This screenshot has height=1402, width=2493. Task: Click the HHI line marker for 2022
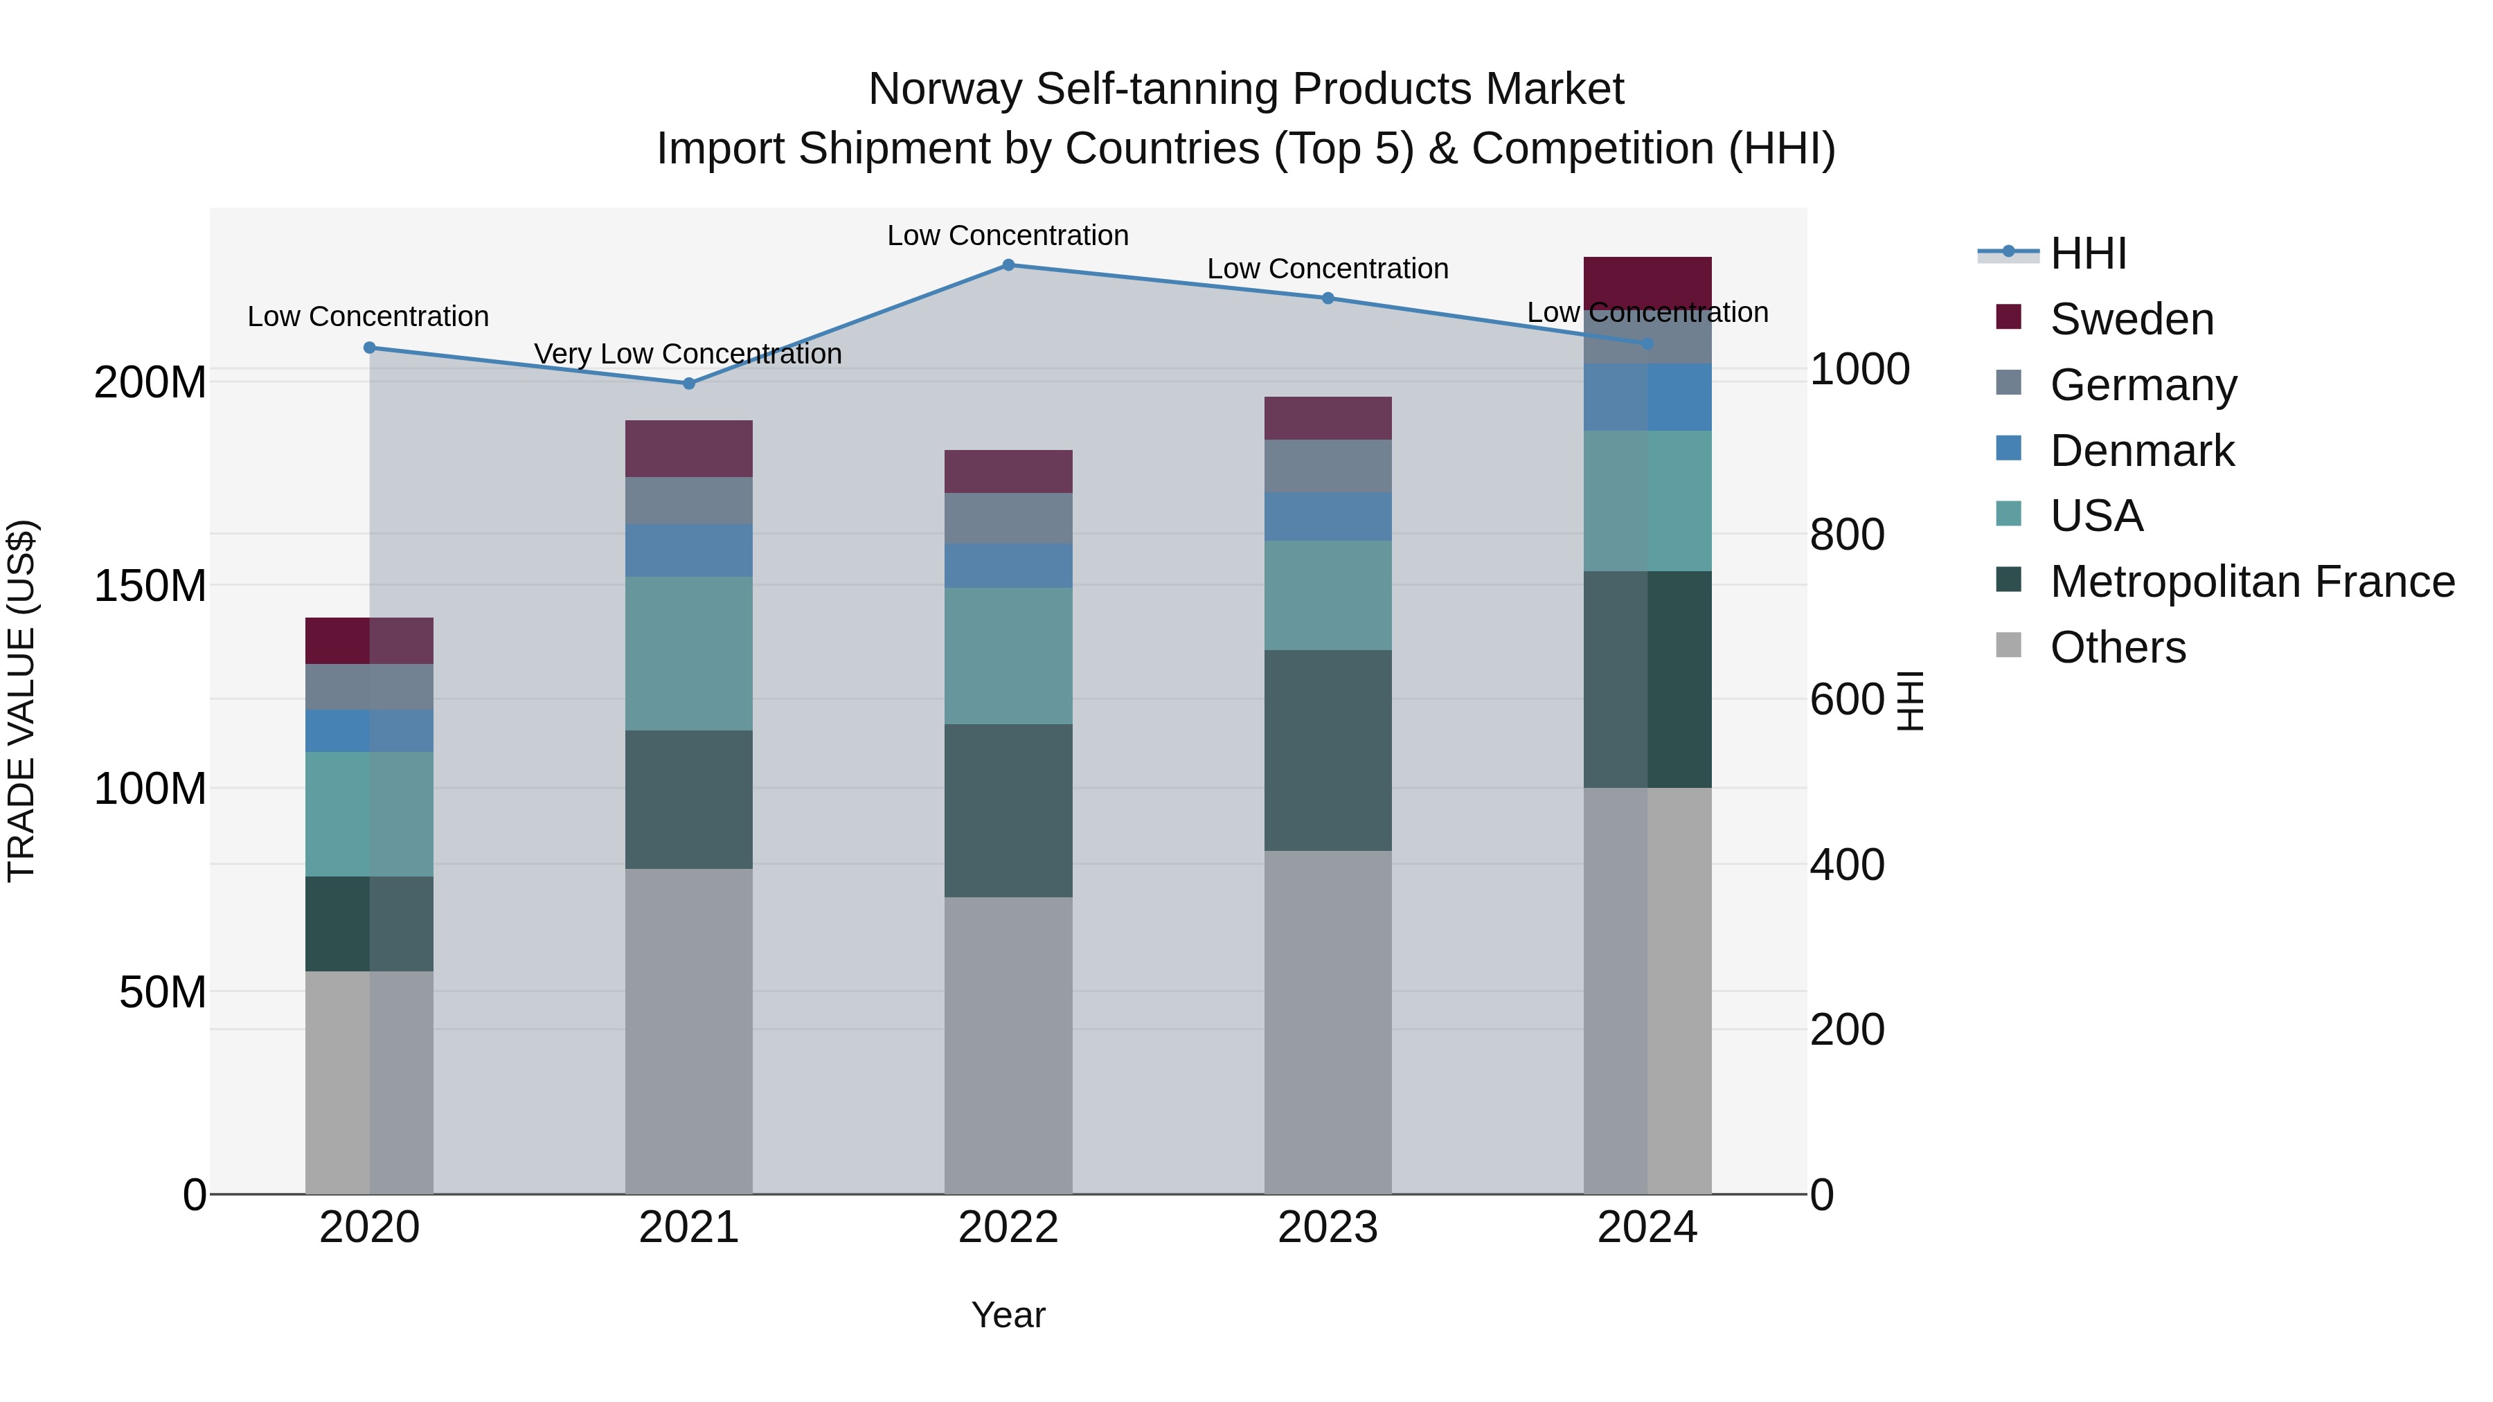[1008, 265]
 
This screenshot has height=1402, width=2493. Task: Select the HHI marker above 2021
[688, 383]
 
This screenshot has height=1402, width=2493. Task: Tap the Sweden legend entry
[2131, 319]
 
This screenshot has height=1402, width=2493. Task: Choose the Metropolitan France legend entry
[2252, 582]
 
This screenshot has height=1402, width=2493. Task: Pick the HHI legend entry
[2087, 253]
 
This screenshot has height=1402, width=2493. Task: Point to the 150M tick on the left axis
[150, 585]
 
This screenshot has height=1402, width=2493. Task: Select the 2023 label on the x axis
[1327, 1227]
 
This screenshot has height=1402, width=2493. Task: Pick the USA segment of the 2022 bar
[1008, 656]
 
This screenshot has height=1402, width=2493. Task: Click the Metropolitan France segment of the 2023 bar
[1327, 750]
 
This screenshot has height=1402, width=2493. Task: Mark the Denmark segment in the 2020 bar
[368, 730]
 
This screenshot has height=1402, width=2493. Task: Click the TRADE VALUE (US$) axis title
[21, 701]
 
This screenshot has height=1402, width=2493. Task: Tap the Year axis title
[1008, 1315]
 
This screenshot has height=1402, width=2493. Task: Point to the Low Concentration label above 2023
[1327, 269]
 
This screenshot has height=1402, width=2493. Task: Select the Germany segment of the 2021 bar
[688, 501]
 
